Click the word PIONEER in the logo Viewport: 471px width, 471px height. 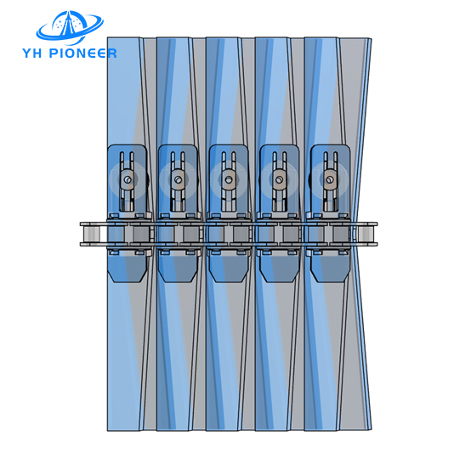pos(82,54)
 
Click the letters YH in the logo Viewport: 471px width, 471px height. pos(32,54)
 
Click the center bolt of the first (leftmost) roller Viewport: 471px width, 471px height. pos(128,179)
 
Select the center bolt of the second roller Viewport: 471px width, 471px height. pos(179,179)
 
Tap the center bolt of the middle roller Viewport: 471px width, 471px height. pos(229,179)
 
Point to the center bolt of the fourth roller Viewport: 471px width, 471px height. pos(280,179)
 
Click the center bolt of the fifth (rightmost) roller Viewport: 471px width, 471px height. pos(330,179)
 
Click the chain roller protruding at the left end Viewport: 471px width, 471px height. pos(91,234)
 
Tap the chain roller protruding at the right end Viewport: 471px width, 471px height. pos(366,234)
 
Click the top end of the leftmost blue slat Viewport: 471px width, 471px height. pos(124,39)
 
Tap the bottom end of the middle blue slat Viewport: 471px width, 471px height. pos(223,429)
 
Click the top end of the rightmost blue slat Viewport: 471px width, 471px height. pos(321,39)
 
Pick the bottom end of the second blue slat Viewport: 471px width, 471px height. pos(173,429)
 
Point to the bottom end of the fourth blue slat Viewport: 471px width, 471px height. pos(272,429)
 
